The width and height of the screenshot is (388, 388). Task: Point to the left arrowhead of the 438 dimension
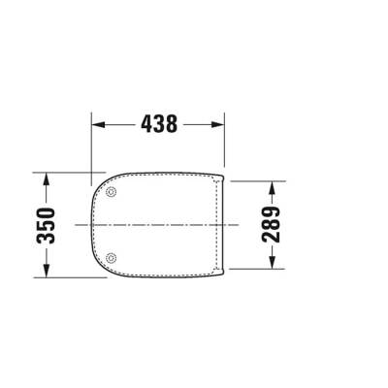click(x=97, y=124)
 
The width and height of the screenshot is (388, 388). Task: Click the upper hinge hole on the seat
click(x=113, y=194)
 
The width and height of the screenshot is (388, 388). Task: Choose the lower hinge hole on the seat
click(x=113, y=257)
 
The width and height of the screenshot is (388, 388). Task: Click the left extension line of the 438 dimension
click(x=90, y=145)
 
